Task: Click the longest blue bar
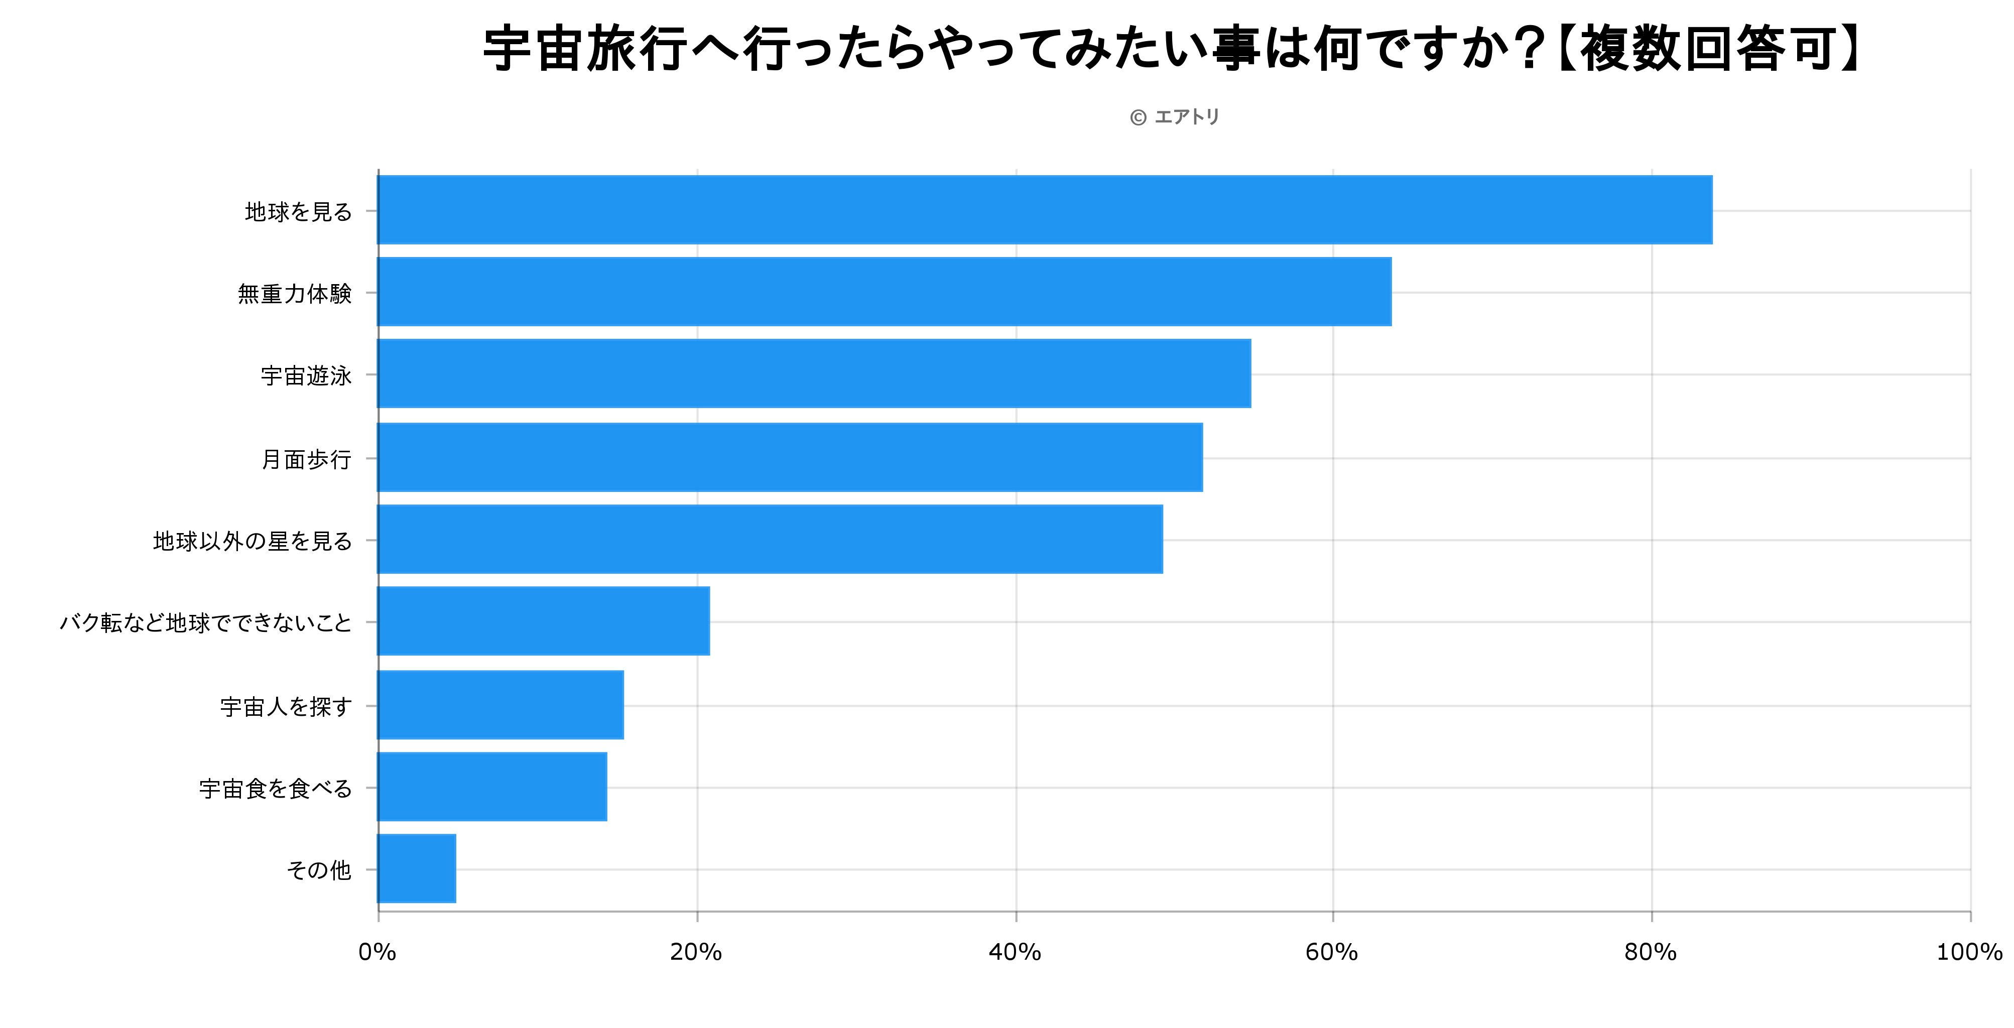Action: coord(1045,209)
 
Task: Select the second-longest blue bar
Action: coord(884,292)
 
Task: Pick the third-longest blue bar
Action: coord(814,373)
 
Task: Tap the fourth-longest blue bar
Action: coord(790,457)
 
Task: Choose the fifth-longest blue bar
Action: coord(770,540)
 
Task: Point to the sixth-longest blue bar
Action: coord(543,621)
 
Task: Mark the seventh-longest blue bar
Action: coord(500,704)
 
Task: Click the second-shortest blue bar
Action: coord(492,787)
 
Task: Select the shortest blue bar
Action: coord(417,868)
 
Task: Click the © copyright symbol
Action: coord(1139,117)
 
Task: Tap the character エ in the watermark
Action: coord(1163,117)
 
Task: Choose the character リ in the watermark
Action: coord(1212,117)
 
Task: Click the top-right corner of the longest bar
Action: coord(1712,176)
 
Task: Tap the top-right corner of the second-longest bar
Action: coord(1391,258)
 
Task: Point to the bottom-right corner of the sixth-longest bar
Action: coord(709,655)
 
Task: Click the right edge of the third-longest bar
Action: coord(1250,373)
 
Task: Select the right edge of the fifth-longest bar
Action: coord(1163,540)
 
